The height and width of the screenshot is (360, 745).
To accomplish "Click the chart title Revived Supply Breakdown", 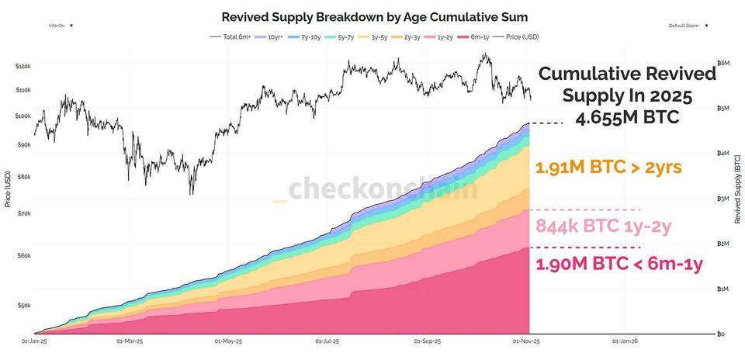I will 376,16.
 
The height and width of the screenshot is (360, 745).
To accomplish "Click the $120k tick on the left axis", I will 23,67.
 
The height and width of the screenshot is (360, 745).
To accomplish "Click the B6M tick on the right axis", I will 722,63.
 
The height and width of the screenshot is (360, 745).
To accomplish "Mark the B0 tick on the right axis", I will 721,334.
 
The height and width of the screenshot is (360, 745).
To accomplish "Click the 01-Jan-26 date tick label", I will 625,341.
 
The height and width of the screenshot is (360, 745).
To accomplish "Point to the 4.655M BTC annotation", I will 627,117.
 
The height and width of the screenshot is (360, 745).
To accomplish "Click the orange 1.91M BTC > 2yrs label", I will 608,167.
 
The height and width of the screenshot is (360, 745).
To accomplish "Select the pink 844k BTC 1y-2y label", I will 603,226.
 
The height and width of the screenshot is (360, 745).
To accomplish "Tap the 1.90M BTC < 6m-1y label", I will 619,264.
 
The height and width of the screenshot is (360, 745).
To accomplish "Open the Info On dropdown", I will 61,26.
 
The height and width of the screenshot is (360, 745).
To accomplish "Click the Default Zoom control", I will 687,26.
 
